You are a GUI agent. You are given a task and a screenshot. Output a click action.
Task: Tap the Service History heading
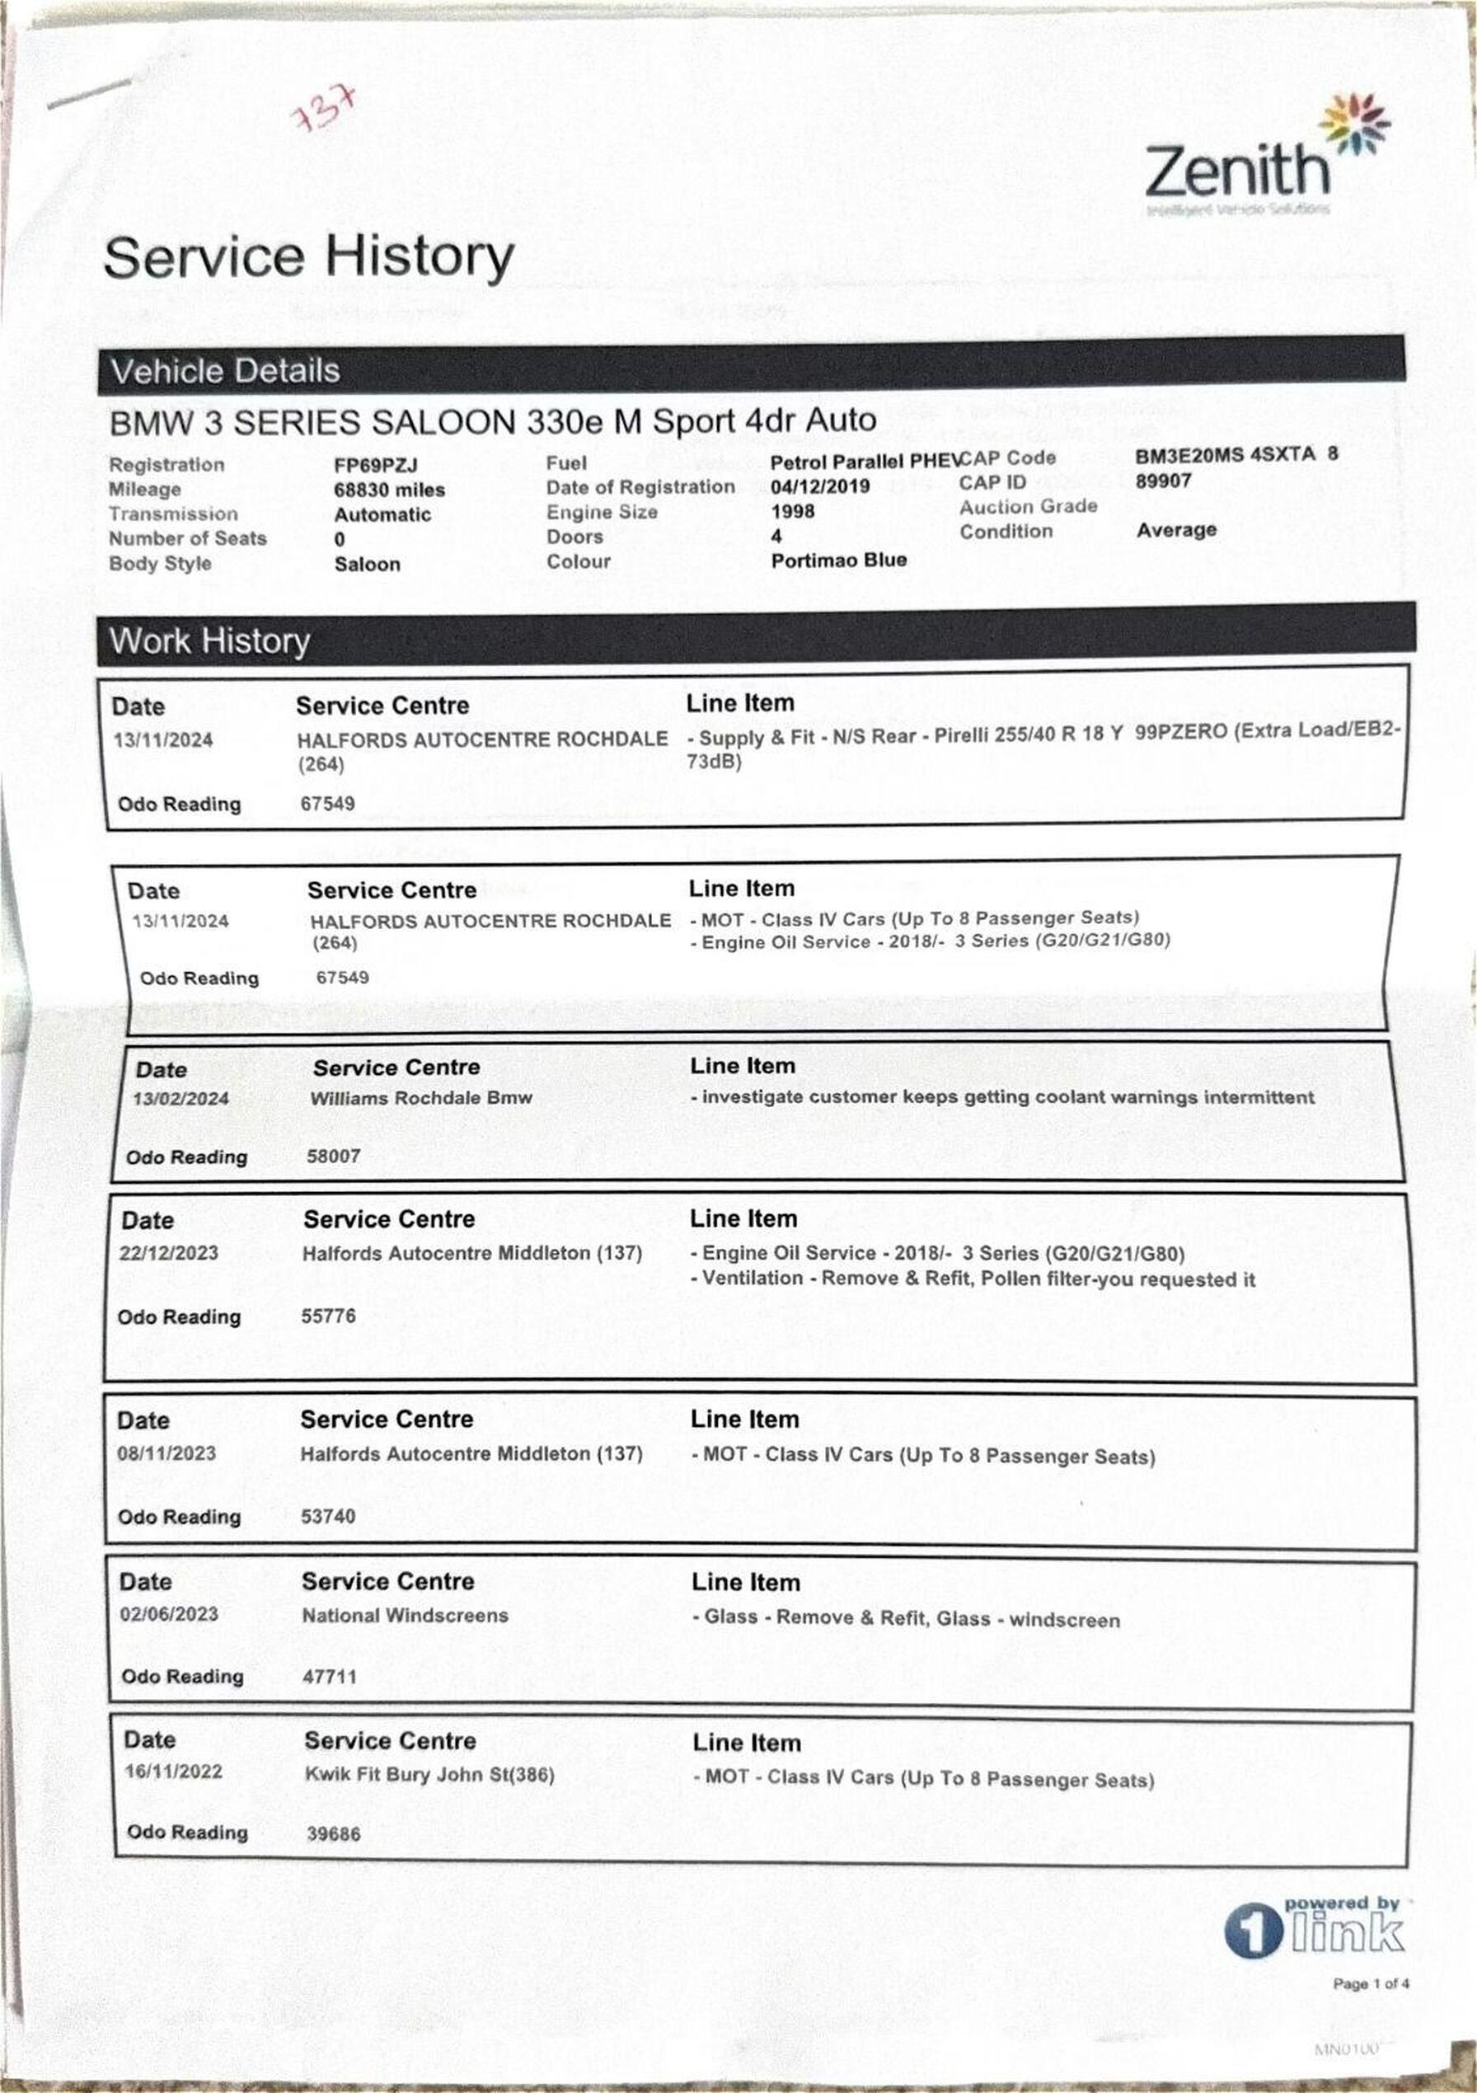tap(309, 257)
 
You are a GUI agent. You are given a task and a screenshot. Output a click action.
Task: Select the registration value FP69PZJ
tap(375, 466)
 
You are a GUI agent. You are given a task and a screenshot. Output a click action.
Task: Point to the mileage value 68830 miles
tap(389, 490)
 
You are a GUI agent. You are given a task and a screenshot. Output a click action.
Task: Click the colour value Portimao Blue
tap(839, 561)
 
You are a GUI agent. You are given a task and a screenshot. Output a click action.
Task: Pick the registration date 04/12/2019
tap(819, 487)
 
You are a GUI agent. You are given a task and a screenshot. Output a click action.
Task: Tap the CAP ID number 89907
tap(1162, 481)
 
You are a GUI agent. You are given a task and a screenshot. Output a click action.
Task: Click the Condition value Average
tap(1176, 529)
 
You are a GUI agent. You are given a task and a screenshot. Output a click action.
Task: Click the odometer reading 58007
tap(334, 1156)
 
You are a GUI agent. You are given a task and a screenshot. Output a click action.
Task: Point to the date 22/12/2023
tap(169, 1252)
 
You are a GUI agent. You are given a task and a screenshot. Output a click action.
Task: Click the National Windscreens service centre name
tap(405, 1616)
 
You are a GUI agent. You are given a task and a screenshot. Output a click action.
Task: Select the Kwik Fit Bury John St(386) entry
tap(429, 1774)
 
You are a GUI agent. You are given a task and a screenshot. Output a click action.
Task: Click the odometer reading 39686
tap(334, 1833)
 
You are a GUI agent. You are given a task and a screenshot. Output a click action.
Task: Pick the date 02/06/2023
tap(169, 1614)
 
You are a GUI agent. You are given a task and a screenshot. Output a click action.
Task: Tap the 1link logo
tap(1315, 1931)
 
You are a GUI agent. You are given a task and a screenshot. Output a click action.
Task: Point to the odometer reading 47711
tap(329, 1677)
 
